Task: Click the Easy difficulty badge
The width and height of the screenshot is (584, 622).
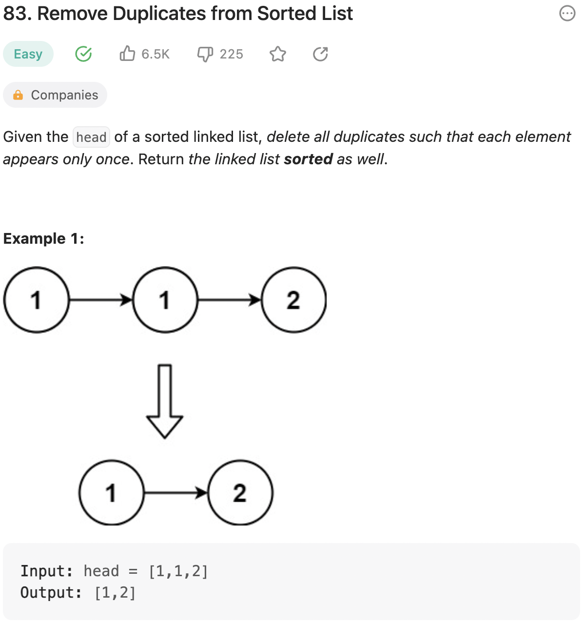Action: (x=28, y=54)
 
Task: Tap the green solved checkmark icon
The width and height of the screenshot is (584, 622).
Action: (x=83, y=54)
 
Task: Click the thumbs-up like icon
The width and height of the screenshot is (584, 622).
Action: (x=127, y=53)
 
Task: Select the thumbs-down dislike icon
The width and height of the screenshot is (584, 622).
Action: (x=205, y=54)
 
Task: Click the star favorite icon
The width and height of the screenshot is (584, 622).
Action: (x=278, y=54)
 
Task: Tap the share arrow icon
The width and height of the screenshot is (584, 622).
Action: (x=320, y=54)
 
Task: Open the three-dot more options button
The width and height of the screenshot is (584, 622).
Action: (x=567, y=14)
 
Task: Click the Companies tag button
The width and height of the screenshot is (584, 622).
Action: (x=55, y=95)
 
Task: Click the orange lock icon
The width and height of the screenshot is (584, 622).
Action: (x=18, y=95)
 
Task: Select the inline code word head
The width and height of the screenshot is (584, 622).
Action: (x=91, y=137)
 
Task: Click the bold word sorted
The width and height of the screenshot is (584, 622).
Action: (x=308, y=159)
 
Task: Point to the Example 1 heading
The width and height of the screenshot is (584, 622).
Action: (x=44, y=238)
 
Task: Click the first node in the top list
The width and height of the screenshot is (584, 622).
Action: (x=36, y=300)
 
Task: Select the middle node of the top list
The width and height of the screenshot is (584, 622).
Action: (x=165, y=300)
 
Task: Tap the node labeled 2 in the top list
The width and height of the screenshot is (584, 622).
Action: (x=293, y=300)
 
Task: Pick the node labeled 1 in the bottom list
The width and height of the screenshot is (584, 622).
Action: (x=111, y=493)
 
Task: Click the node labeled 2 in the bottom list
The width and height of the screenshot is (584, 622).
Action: (x=240, y=493)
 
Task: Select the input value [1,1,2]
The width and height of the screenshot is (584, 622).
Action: (x=178, y=571)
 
